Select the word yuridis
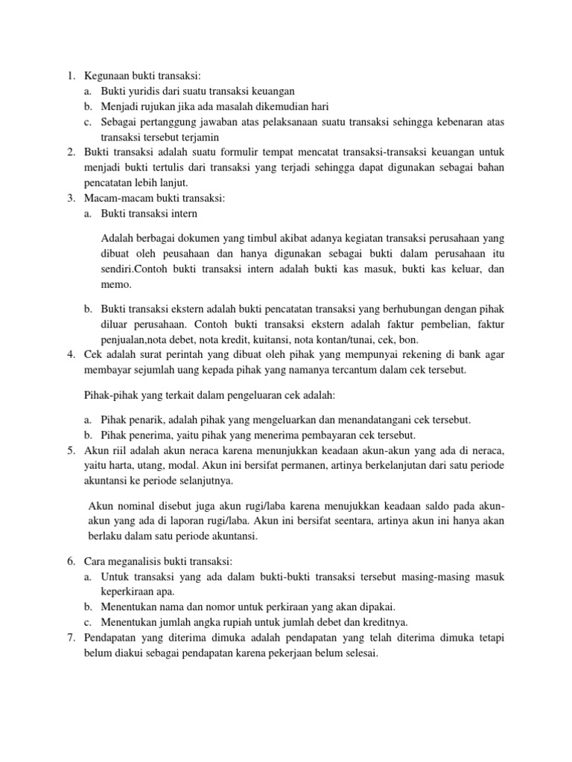coord(139,90)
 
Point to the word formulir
coord(252,153)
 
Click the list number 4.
coord(70,354)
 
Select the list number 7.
coord(70,638)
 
